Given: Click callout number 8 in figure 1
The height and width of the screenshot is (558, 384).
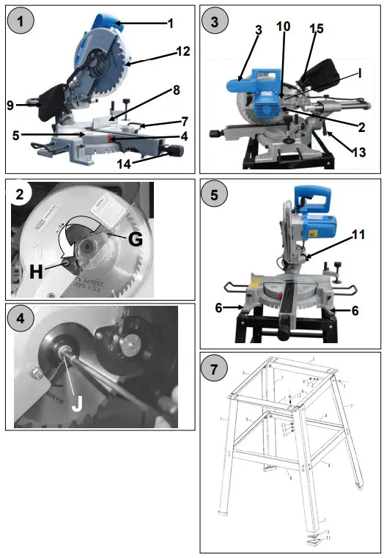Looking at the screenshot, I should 175,90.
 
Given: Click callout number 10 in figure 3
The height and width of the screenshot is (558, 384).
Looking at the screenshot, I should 284,27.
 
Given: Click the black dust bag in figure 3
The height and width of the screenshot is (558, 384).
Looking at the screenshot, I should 320,74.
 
